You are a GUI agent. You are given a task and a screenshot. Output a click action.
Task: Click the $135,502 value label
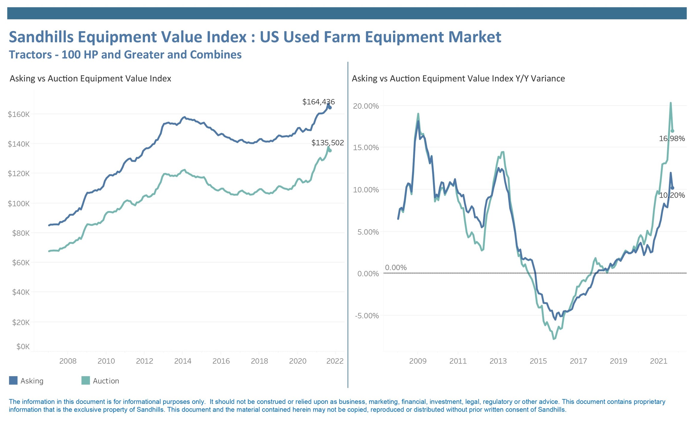[327, 143]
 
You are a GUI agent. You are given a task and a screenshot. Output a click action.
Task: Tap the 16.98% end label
[672, 138]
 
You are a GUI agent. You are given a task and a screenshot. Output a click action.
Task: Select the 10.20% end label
[672, 195]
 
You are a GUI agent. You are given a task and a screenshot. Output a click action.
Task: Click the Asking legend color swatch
[13, 381]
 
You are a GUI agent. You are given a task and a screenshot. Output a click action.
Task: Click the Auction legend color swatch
[85, 381]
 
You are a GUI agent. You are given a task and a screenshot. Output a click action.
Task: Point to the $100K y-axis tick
[19, 204]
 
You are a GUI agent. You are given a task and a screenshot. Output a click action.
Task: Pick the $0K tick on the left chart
[23, 346]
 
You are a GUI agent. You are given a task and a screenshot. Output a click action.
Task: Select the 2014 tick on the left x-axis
[183, 361]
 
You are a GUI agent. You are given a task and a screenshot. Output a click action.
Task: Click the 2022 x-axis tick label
[335, 361]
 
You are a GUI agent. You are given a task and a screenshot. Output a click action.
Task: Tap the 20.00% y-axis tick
[366, 106]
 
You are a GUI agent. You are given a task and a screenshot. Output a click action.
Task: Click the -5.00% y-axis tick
[367, 316]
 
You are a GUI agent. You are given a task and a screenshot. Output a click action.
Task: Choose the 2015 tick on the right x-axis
[538, 361]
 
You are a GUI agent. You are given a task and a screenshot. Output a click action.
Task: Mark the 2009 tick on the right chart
[418, 361]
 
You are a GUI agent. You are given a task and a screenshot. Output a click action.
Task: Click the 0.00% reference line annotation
[396, 268]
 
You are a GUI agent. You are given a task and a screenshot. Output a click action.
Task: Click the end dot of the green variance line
[672, 131]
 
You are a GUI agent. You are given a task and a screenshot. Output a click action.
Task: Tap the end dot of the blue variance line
[672, 188]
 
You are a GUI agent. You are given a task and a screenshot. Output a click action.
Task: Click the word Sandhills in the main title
[41, 37]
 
